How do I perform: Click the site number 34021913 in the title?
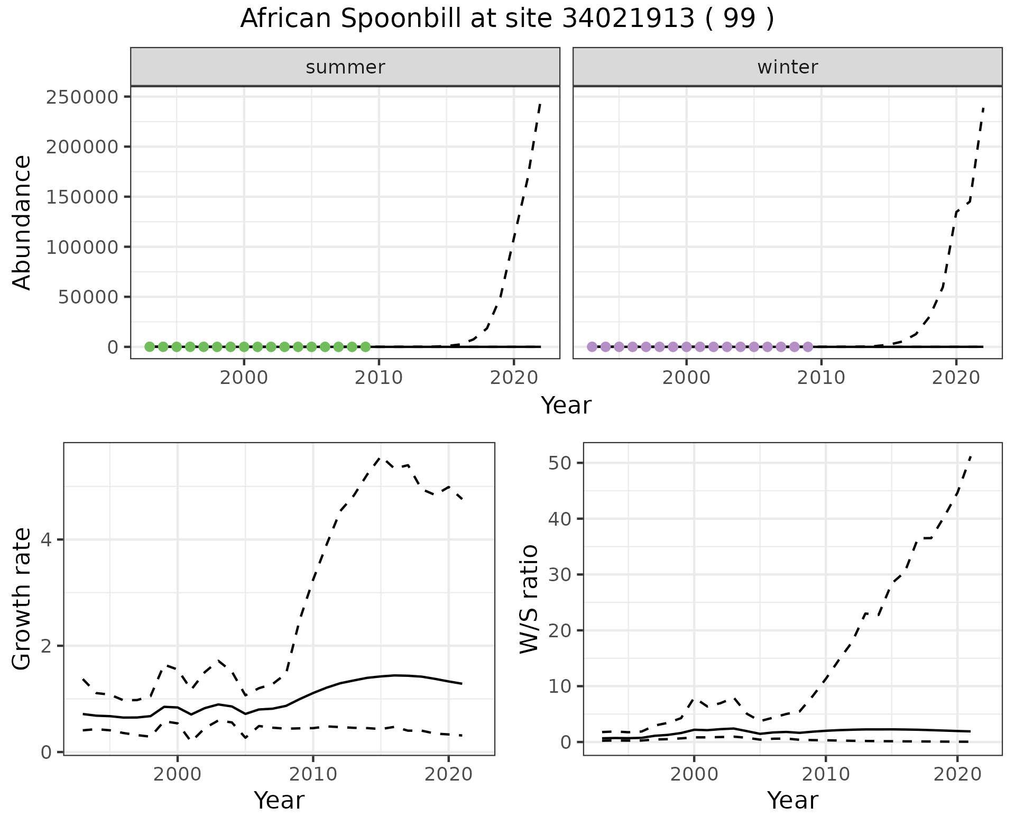click(x=628, y=19)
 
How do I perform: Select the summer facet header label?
click(x=345, y=67)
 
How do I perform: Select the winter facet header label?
click(x=787, y=67)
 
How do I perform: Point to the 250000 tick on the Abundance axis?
click(x=82, y=97)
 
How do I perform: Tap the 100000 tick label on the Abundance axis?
click(x=82, y=247)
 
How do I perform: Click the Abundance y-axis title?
click(x=22, y=223)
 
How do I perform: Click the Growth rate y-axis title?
click(x=22, y=599)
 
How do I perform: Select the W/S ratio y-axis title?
click(x=529, y=599)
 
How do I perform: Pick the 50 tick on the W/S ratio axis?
click(x=560, y=463)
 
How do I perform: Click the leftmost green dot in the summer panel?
click(x=150, y=347)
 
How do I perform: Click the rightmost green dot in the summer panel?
click(x=365, y=347)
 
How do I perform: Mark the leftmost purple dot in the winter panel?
click(x=592, y=347)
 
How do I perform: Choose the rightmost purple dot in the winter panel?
click(x=808, y=347)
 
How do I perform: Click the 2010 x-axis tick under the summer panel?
click(x=379, y=378)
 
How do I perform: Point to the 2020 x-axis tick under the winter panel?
click(x=956, y=378)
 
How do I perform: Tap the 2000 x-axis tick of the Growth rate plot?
click(x=178, y=775)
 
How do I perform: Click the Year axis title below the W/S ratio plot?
click(x=792, y=800)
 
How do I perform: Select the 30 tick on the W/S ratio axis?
click(x=560, y=575)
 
